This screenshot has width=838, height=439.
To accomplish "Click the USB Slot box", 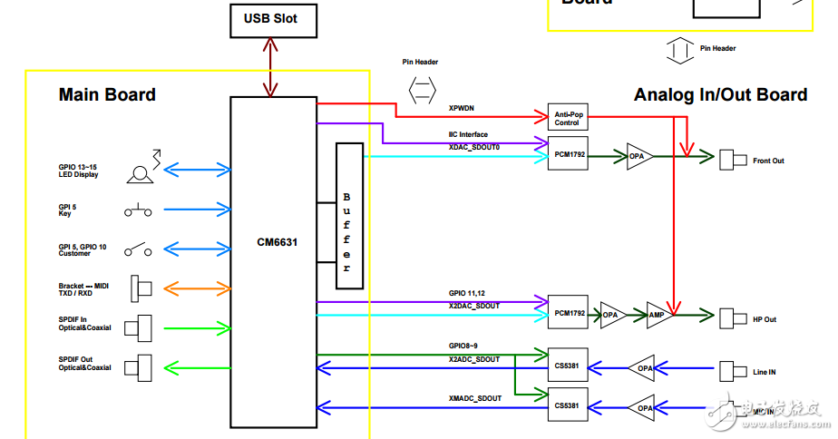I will (x=270, y=18).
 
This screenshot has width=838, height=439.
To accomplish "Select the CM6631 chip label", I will (x=277, y=242).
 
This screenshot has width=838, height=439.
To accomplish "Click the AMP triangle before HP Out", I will (x=658, y=315).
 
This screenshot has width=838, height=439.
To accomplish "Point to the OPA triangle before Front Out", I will (x=638, y=156).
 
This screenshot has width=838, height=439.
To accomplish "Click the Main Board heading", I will (x=107, y=94).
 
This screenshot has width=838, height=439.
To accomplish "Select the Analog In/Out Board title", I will (x=720, y=94).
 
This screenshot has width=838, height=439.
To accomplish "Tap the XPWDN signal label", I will (x=462, y=108).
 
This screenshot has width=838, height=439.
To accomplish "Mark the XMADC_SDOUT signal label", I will (x=474, y=398).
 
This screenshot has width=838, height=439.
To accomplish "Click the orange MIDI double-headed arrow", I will (x=197, y=288).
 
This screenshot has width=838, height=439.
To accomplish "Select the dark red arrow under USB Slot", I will (x=269, y=65).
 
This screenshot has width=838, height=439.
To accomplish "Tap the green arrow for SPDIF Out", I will (x=197, y=366).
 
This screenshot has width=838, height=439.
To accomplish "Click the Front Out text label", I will (x=768, y=161).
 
